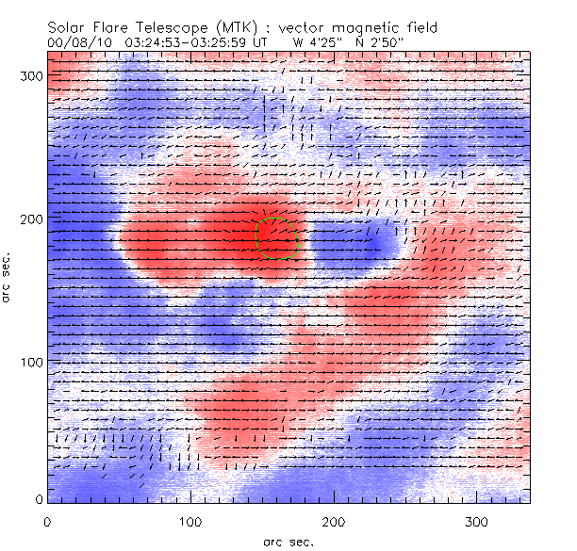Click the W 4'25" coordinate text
pyautogui.click(x=317, y=42)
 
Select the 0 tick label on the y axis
pyautogui.click(x=38, y=499)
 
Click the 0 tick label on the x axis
pyautogui.click(x=47, y=521)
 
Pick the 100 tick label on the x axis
pyautogui.click(x=190, y=521)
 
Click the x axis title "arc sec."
pyautogui.click(x=288, y=542)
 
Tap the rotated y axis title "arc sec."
pyautogui.click(x=8, y=278)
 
